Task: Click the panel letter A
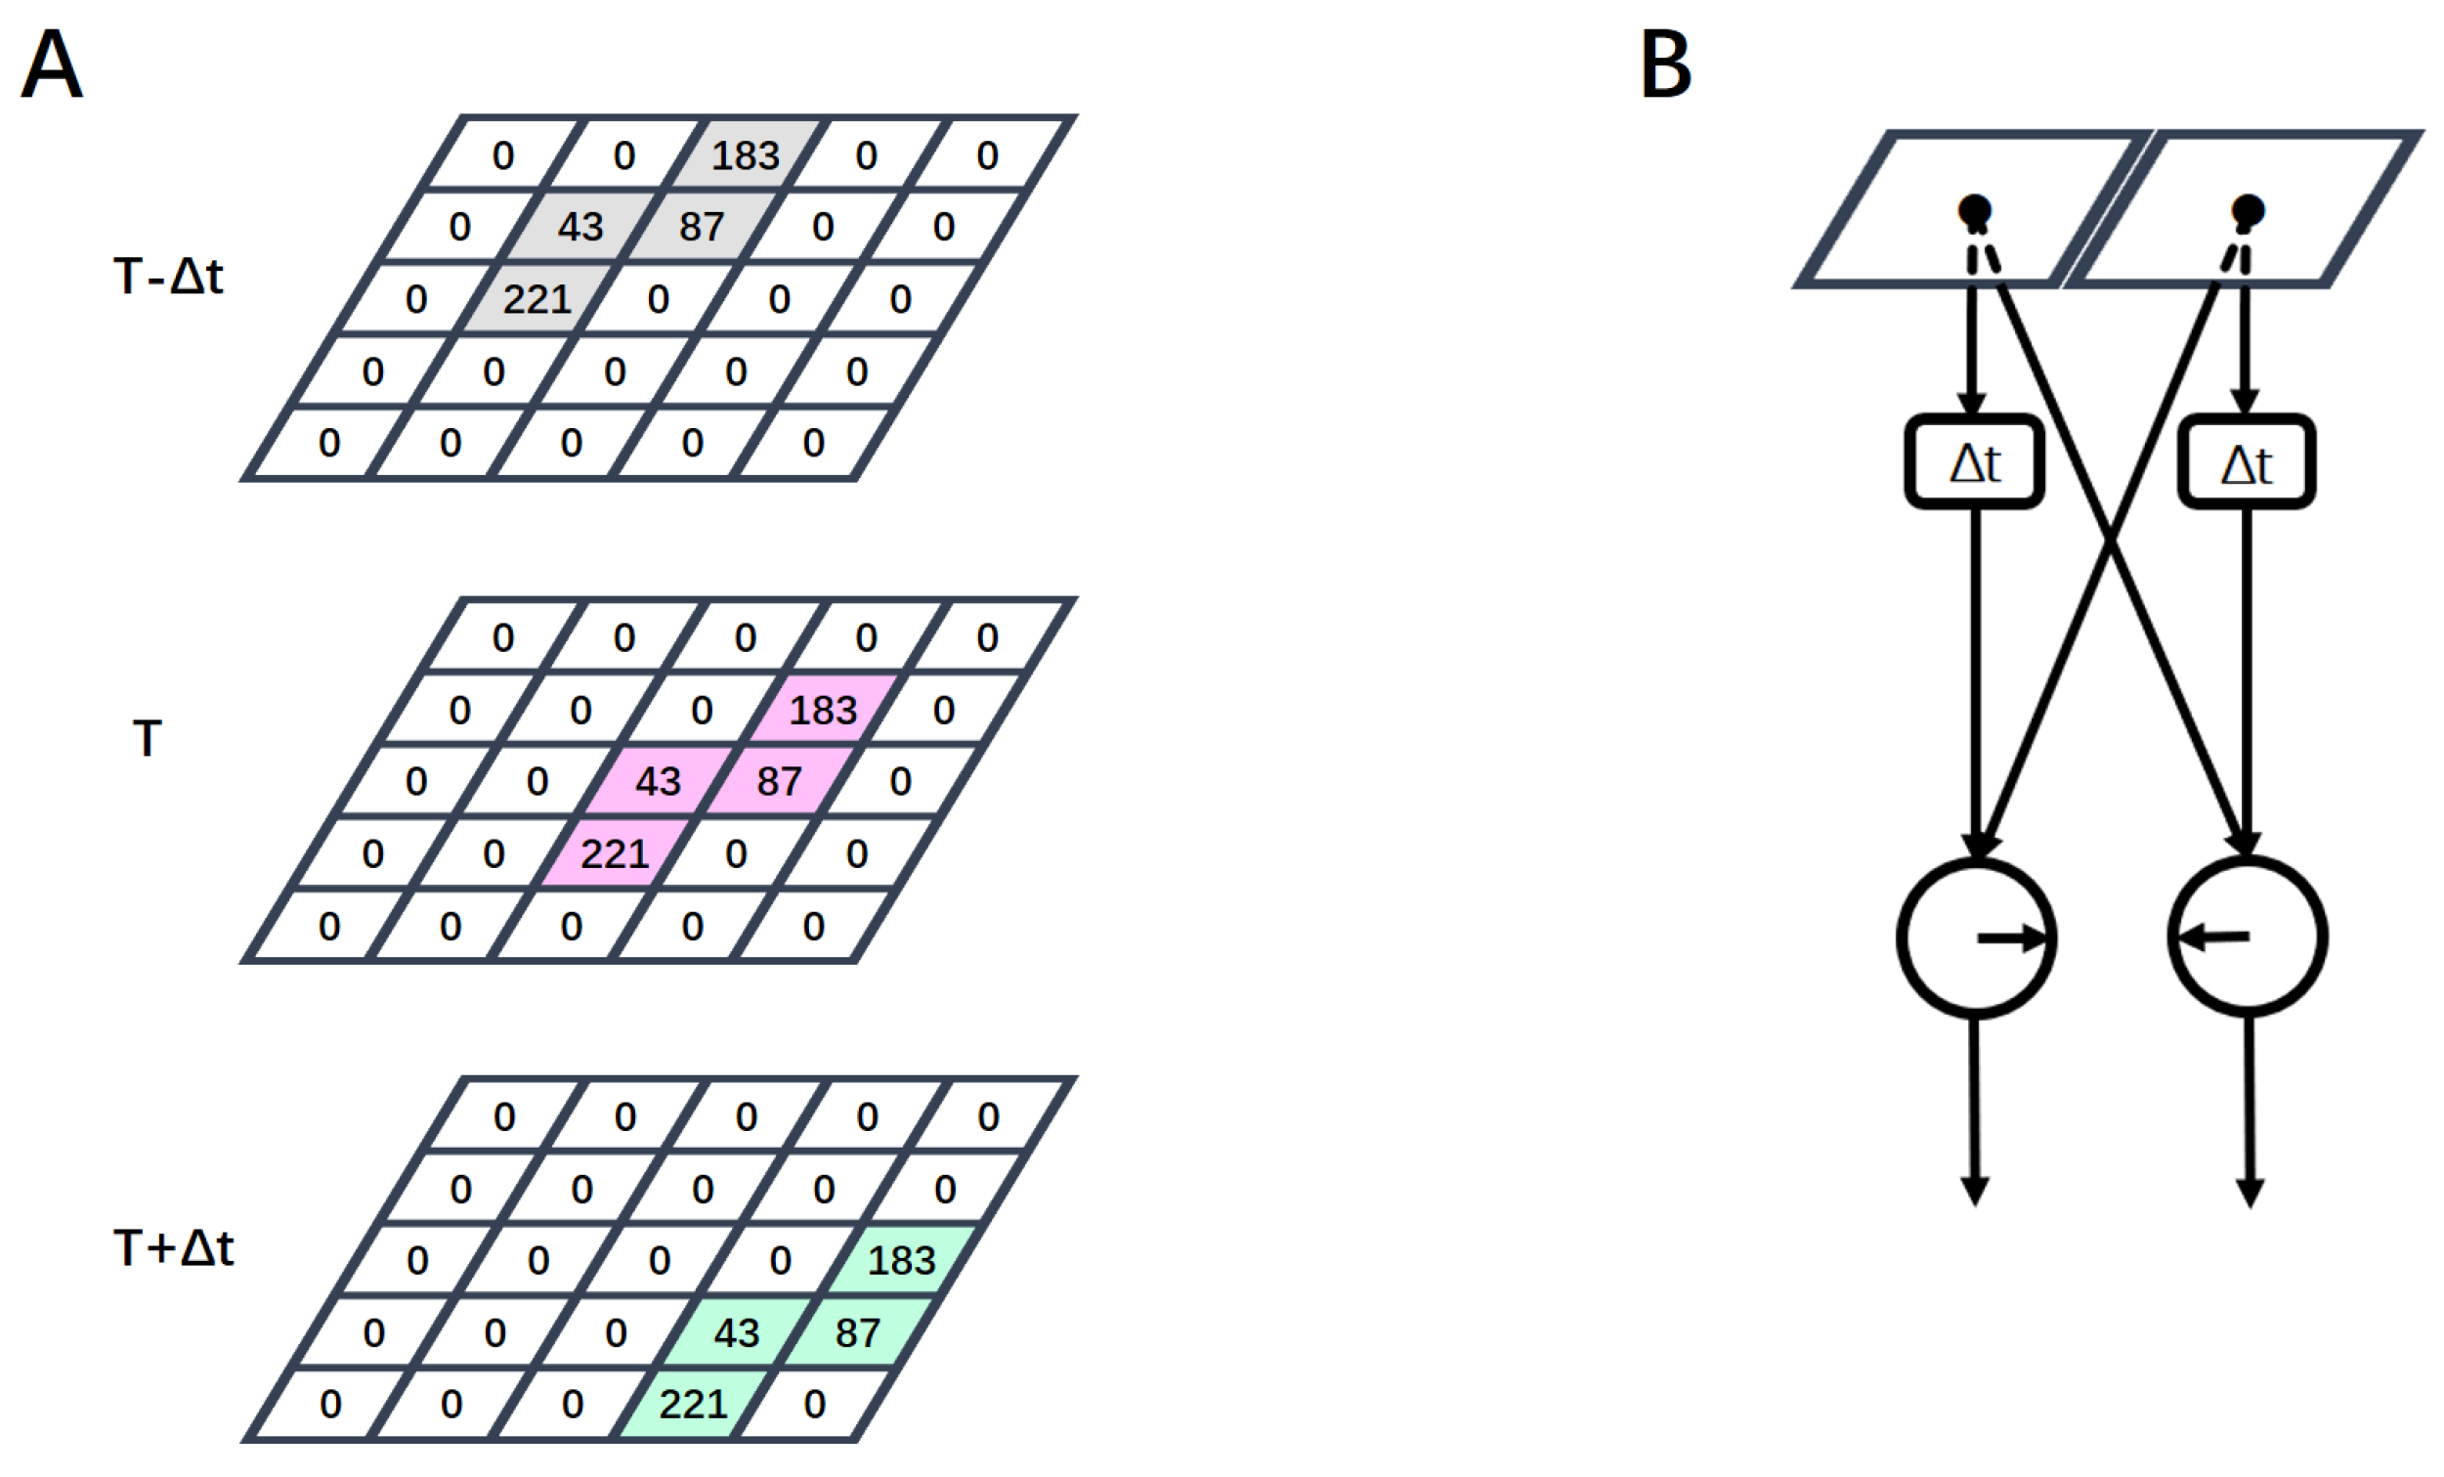(x=52, y=64)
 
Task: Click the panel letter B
(x=1665, y=64)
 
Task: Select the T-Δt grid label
(x=169, y=276)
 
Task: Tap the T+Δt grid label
(x=175, y=1247)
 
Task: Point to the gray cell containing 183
(x=746, y=154)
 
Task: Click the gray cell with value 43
(x=580, y=226)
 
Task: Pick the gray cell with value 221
(x=536, y=298)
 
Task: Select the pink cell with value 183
(x=822, y=710)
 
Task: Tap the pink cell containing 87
(x=779, y=782)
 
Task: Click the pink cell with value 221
(x=614, y=853)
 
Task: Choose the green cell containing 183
(x=901, y=1260)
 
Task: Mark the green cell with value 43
(x=736, y=1332)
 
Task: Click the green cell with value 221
(x=693, y=1404)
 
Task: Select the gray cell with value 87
(x=702, y=226)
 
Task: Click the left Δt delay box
(x=1974, y=462)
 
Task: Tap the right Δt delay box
(x=2247, y=463)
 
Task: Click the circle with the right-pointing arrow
(x=1976, y=937)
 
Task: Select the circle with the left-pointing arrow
(x=2248, y=936)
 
